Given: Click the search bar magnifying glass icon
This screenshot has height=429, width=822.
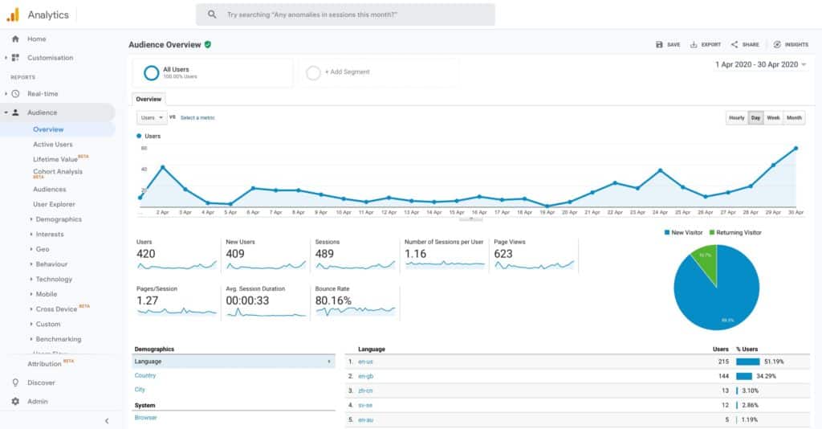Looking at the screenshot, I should (x=212, y=14).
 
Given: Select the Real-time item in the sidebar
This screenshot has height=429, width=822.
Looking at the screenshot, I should (x=43, y=94).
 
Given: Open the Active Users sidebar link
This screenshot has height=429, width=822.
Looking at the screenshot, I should (x=53, y=145).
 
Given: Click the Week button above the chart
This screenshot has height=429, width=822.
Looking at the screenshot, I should (x=773, y=117).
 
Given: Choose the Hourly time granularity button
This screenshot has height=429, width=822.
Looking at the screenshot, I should (x=736, y=117).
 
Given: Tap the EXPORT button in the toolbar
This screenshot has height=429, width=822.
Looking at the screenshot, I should (x=706, y=45).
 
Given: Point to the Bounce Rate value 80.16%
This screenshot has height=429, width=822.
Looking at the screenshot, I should (x=334, y=301).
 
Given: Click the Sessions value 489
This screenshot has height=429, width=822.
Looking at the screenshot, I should (x=326, y=254).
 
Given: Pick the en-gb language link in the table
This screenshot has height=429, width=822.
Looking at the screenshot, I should (x=365, y=376).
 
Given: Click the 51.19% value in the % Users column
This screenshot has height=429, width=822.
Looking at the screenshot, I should (x=772, y=362).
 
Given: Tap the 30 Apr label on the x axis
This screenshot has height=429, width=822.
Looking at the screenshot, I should (x=796, y=212).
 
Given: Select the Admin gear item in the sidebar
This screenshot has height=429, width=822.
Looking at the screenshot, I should (x=38, y=402).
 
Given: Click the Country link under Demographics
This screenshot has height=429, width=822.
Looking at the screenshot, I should (x=145, y=375).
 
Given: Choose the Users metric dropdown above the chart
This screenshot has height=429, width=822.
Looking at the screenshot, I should (x=151, y=117).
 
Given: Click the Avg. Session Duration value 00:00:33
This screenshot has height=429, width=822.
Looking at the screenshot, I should (x=247, y=301).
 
